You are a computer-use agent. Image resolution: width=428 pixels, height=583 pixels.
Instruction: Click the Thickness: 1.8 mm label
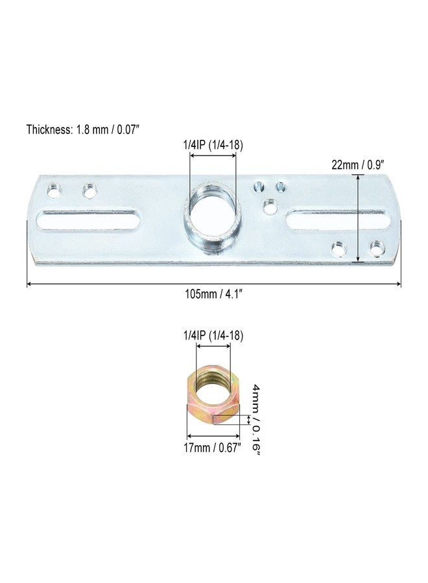point(83,129)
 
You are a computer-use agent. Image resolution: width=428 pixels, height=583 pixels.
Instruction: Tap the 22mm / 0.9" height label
point(364,165)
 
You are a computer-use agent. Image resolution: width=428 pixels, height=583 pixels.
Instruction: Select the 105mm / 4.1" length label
point(214,294)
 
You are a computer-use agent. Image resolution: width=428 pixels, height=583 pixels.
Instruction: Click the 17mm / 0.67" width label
point(213,447)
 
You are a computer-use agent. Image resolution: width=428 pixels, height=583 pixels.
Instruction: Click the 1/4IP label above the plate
point(213,145)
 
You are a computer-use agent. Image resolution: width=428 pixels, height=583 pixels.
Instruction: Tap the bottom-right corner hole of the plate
point(375,247)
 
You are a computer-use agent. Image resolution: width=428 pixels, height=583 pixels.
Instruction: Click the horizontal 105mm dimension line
point(214,284)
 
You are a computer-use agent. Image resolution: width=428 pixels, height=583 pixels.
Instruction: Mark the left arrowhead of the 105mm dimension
point(29,284)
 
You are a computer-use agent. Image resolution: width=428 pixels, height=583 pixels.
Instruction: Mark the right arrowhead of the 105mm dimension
point(398,284)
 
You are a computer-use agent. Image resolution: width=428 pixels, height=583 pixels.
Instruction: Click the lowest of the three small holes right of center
point(268,207)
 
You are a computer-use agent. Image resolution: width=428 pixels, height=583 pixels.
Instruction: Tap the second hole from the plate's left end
point(89,190)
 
